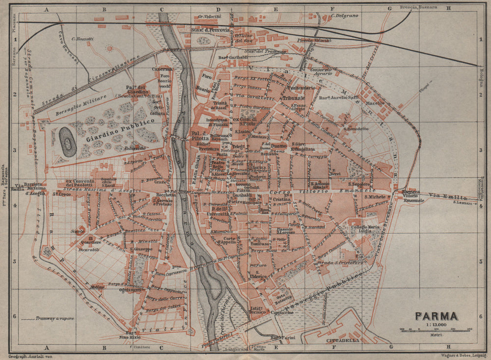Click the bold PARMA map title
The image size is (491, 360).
pyautogui.click(x=437, y=316)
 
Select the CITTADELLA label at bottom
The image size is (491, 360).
pyautogui.click(x=342, y=340)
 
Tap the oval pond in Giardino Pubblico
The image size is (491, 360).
pyautogui.click(x=68, y=141)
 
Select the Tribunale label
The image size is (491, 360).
pyautogui.click(x=294, y=97)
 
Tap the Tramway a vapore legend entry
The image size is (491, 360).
pyautogui.click(x=48, y=319)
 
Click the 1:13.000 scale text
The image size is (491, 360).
pyautogui.click(x=436, y=324)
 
